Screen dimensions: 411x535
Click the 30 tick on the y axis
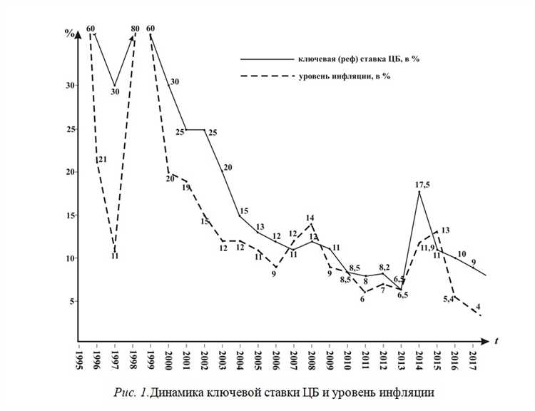pos(70,85)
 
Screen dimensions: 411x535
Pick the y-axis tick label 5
pos(72,301)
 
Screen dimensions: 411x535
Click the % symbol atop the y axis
pos(69,33)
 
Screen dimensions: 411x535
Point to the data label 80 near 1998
pos(136,29)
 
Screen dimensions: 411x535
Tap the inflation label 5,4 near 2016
pos(448,299)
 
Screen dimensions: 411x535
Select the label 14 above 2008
pos(310,218)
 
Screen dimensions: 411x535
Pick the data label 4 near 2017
pos(477,306)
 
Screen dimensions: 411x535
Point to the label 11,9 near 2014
pos(427,248)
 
